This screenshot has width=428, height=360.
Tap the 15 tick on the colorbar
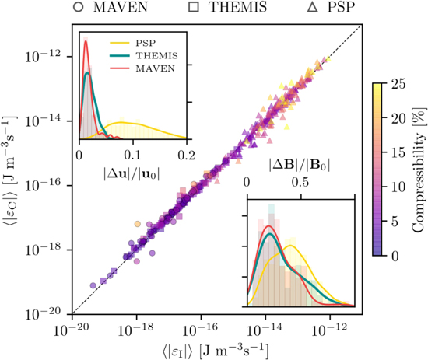point(392,152)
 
